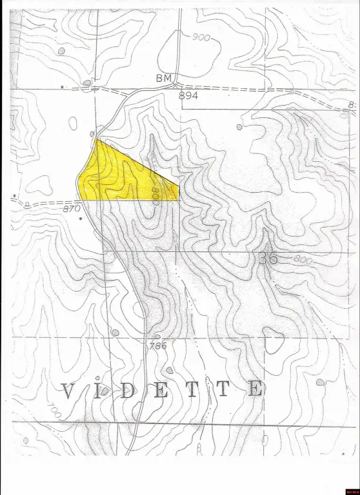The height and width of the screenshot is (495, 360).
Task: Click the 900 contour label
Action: tap(201, 37)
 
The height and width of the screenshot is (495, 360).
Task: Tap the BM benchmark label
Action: tap(164, 78)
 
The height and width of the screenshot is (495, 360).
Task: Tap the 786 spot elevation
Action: tap(158, 345)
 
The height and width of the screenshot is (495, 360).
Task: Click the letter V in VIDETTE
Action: tap(70, 390)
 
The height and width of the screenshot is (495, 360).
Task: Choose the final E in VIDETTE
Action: tap(256, 389)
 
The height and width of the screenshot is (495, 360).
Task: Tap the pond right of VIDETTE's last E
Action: tap(320, 383)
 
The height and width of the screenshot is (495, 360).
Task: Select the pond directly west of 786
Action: tap(115, 333)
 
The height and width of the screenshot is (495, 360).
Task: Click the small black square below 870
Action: tap(80, 219)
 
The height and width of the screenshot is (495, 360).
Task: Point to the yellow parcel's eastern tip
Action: tap(177, 187)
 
